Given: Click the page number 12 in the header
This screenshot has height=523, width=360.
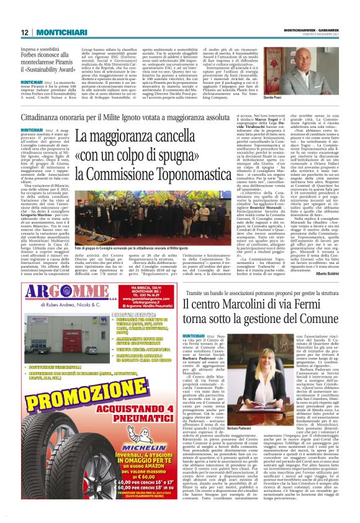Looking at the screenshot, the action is pos(25,32).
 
